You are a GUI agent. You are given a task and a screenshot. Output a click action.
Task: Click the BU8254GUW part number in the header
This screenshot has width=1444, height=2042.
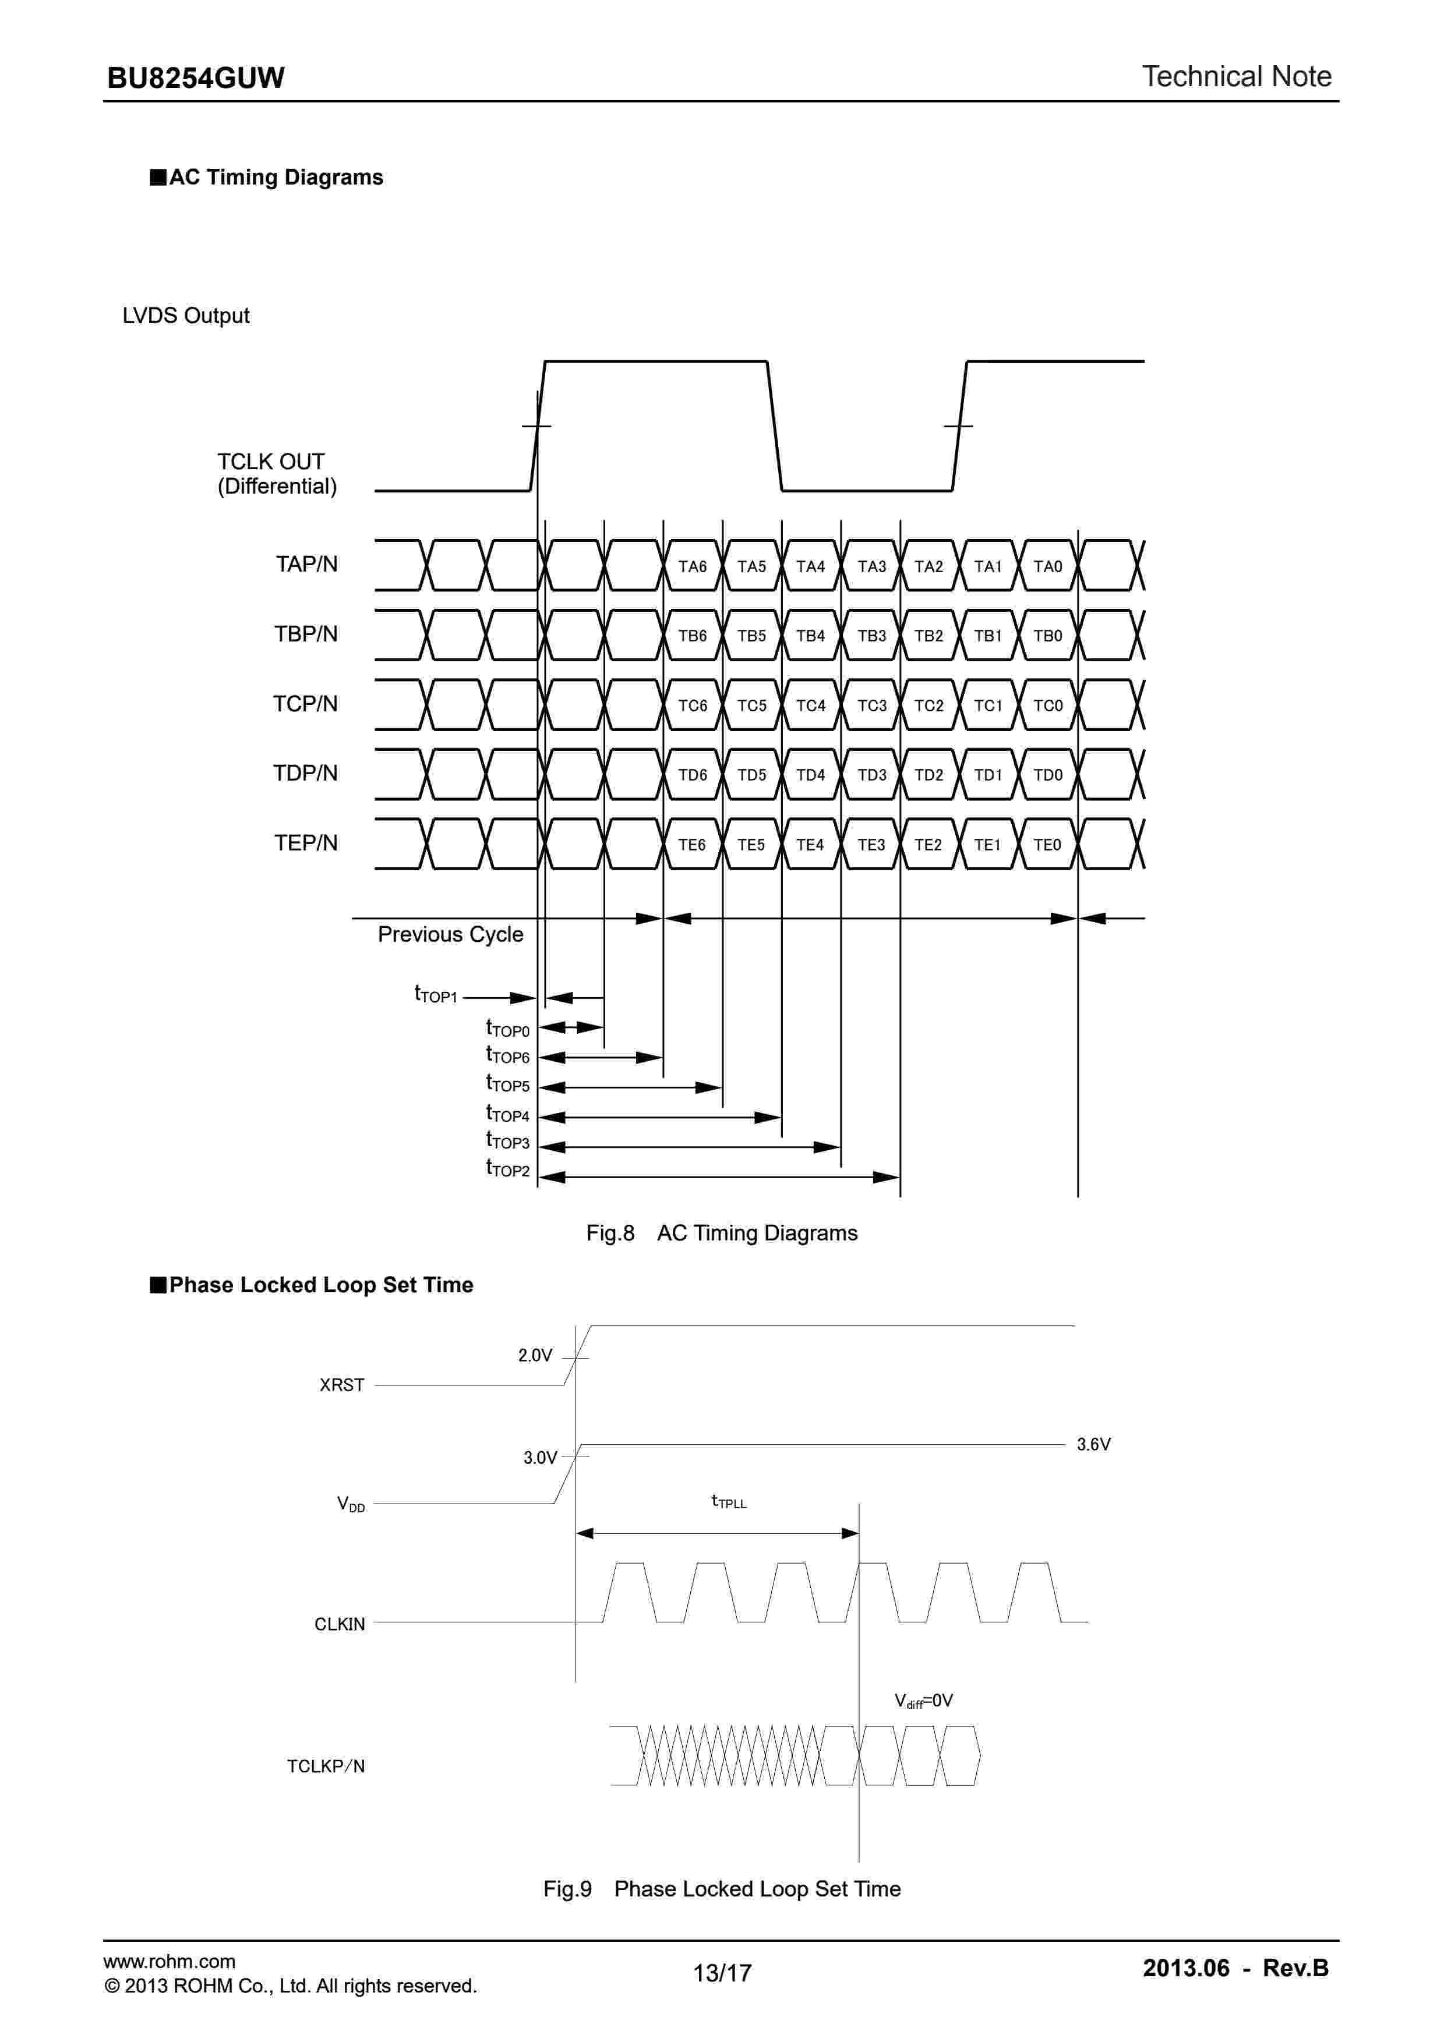point(195,78)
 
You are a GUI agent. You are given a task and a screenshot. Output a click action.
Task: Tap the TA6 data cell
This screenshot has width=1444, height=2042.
point(692,566)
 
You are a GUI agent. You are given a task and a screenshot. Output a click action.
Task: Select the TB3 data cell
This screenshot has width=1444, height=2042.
point(871,636)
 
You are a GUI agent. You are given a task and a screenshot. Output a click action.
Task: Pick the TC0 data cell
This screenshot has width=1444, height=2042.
point(1047,706)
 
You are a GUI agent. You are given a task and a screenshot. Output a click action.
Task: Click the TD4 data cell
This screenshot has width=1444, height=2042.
point(810,775)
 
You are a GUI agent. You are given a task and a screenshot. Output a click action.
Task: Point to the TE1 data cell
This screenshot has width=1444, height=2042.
point(987,845)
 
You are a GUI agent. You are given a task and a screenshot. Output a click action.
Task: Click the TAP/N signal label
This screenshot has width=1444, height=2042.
point(306,564)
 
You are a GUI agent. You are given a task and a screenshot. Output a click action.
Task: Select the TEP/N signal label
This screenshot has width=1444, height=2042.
point(305,843)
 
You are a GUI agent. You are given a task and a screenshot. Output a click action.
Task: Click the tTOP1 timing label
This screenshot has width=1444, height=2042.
point(435,994)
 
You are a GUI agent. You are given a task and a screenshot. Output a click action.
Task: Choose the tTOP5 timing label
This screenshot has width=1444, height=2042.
point(507,1083)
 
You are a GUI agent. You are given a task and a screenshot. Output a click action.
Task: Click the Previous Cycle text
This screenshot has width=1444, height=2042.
point(450,935)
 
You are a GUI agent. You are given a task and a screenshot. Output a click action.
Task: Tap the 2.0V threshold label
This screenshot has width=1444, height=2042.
point(535,1355)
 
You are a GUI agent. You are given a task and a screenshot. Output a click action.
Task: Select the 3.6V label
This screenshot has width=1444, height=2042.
point(1093,1444)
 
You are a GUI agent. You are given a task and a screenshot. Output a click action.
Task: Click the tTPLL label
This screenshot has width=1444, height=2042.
point(729,1501)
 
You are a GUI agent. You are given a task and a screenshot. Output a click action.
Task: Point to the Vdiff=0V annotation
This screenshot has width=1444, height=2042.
point(923,1700)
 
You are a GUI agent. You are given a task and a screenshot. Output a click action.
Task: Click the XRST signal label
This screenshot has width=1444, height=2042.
point(342,1385)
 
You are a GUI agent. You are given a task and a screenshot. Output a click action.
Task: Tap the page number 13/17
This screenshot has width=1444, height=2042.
point(722,1973)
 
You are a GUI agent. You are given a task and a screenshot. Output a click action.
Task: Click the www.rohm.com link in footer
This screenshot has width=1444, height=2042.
point(169,1961)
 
